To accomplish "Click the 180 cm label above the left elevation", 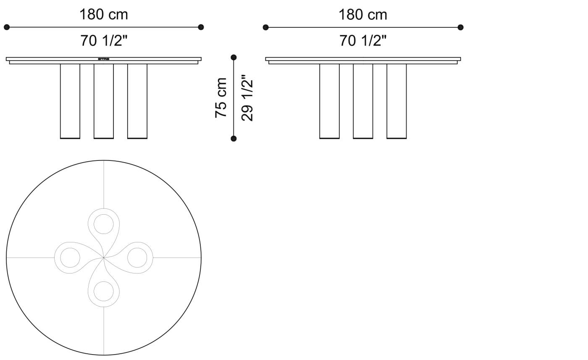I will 104,15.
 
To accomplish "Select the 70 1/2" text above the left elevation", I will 104,41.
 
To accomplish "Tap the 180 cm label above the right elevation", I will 363,15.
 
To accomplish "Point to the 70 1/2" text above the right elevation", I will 363,41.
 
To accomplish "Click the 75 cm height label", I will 221,97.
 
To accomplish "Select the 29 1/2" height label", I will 247,98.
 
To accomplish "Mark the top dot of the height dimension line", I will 234,57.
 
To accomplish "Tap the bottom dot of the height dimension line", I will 234,139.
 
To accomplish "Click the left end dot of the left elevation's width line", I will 7,27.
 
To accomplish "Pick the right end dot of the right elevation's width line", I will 460,27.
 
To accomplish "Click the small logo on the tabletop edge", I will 103,59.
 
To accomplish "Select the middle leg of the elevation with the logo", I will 104,101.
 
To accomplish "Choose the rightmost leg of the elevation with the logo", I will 137,101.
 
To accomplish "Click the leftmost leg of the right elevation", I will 329,101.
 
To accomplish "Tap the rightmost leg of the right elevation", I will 396,101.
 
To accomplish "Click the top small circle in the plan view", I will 104,224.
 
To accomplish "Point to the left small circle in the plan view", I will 70,258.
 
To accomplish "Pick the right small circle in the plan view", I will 137,258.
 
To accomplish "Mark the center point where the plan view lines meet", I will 104,258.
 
